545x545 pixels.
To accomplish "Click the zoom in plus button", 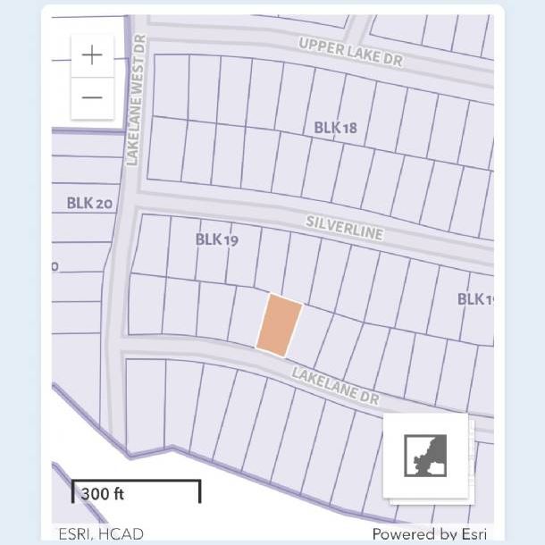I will click(x=92, y=55).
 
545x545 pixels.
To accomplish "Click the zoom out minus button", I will click(x=92, y=96).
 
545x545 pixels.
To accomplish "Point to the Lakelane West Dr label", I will click(x=136, y=101).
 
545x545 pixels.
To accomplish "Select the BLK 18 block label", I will click(x=335, y=128).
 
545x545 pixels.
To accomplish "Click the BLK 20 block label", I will click(x=89, y=203).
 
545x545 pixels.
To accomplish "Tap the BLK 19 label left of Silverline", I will click(x=217, y=239).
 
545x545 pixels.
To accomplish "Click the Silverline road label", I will click(x=344, y=226).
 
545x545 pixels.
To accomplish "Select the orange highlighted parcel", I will click(x=279, y=325).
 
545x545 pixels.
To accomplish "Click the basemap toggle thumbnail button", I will click(x=425, y=456).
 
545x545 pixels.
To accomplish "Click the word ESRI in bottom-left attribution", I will click(x=76, y=533).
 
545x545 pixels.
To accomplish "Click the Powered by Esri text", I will click(x=429, y=533).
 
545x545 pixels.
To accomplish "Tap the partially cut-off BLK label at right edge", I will click(x=475, y=298).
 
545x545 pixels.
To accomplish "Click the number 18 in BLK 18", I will click(x=348, y=128).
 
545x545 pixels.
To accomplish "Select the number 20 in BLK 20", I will click(x=104, y=203).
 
